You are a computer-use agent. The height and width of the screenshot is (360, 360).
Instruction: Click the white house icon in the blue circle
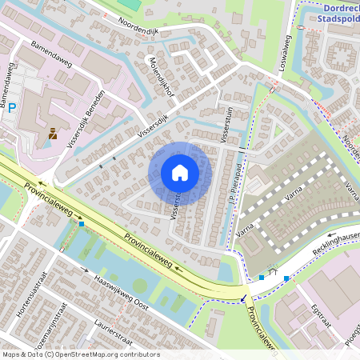point(180,173)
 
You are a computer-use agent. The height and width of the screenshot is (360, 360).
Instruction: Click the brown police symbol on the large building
point(53,134)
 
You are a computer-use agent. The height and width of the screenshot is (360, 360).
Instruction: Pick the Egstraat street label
point(321,312)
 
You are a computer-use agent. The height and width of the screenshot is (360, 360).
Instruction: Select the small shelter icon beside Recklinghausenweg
point(274,272)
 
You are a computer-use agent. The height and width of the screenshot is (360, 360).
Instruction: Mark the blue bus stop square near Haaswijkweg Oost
point(82,224)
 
